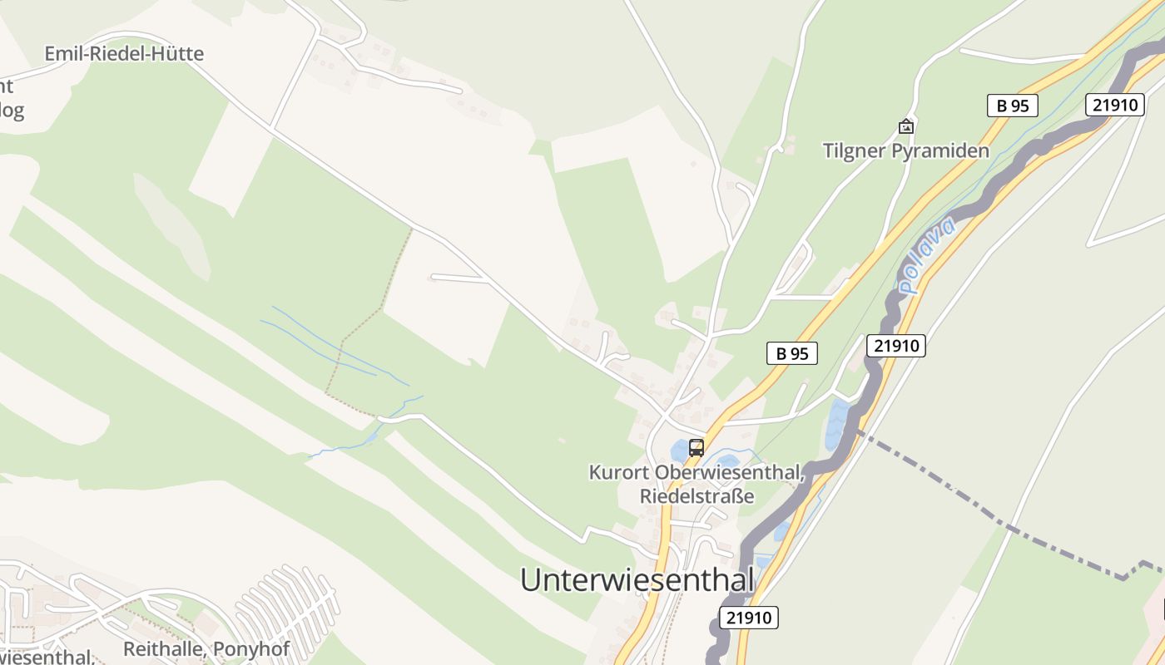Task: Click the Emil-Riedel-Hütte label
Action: pos(123,54)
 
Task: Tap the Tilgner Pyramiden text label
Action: pos(905,150)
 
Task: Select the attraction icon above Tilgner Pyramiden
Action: pos(905,126)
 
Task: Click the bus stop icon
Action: pos(697,448)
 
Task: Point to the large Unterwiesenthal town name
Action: pos(637,579)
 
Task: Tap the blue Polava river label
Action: pos(927,254)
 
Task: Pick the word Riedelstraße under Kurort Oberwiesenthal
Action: pos(697,496)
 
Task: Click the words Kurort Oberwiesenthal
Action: pos(697,472)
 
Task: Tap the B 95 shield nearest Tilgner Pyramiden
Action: pos(1012,106)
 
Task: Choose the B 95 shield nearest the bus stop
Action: pos(791,353)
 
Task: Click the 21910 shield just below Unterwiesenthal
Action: pos(748,618)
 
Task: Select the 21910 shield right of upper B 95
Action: pos(1114,105)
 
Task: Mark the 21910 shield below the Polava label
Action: pos(896,346)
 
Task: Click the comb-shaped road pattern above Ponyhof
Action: pos(287,603)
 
